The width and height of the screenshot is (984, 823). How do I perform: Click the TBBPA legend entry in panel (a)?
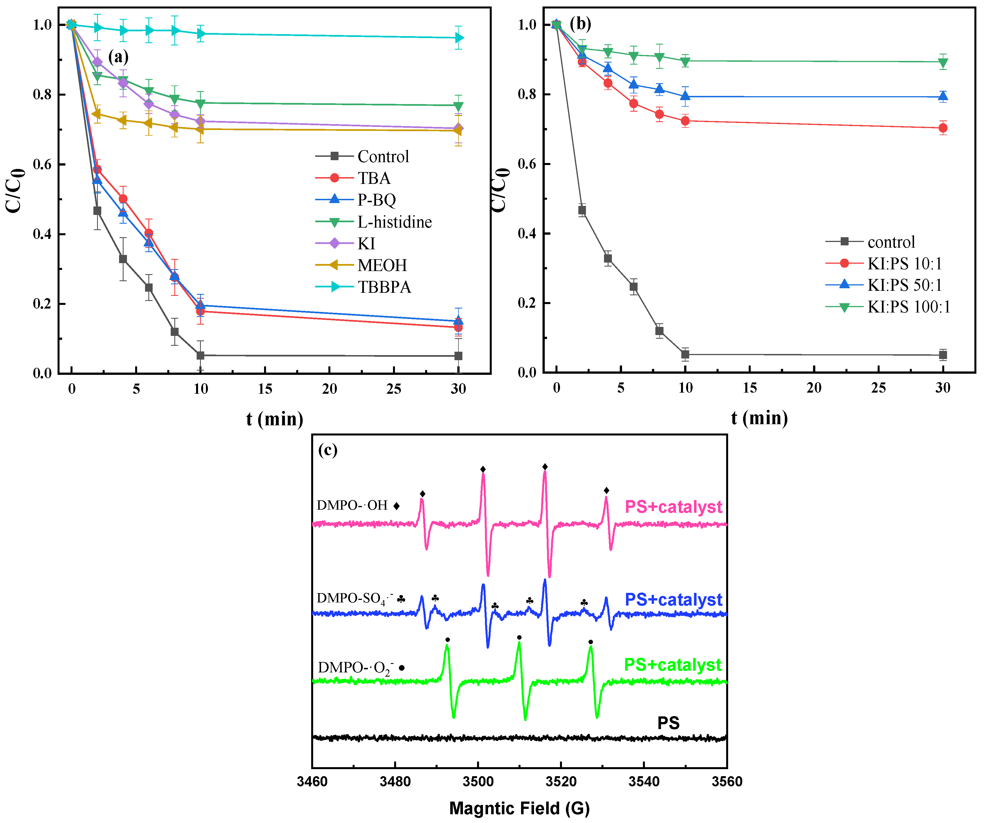(x=384, y=287)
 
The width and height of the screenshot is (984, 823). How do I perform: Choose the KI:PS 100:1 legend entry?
(x=908, y=307)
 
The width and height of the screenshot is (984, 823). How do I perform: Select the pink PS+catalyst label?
(x=673, y=507)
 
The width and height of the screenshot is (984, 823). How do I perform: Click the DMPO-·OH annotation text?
(x=352, y=505)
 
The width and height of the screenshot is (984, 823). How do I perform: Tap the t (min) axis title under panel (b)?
(x=759, y=418)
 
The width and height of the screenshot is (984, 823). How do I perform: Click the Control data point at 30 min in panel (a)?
(x=458, y=356)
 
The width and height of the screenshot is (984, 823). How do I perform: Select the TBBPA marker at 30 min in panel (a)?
(x=459, y=38)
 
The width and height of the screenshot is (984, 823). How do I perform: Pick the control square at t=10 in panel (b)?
(x=685, y=355)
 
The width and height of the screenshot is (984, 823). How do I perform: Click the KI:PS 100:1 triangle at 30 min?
(x=943, y=62)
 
